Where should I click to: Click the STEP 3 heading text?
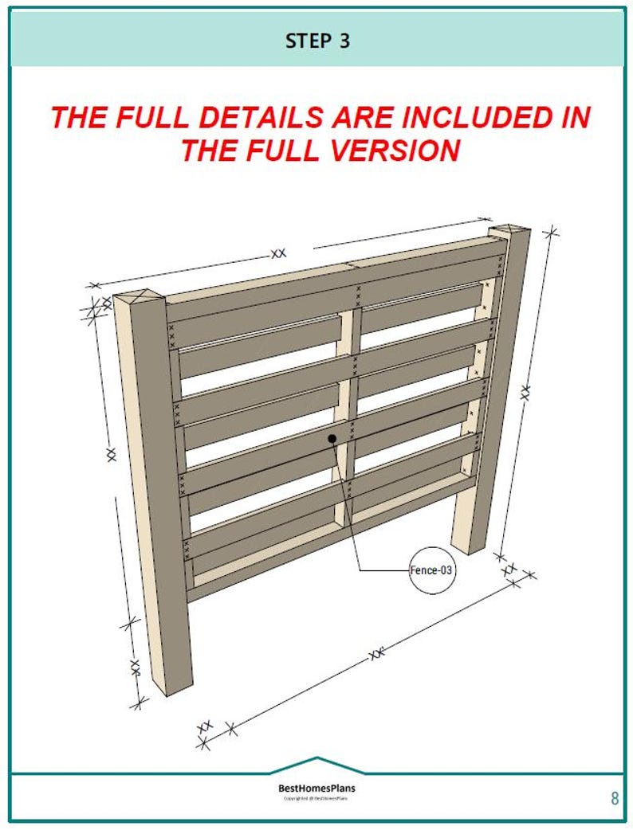click(x=317, y=41)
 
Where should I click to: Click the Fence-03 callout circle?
click(x=432, y=570)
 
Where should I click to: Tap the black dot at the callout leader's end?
click(x=332, y=439)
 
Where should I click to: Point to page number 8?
click(x=614, y=798)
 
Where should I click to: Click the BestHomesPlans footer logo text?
click(x=316, y=789)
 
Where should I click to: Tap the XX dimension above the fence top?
click(x=277, y=253)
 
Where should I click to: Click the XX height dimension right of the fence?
click(x=525, y=392)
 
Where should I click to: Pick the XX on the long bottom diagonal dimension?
click(x=375, y=655)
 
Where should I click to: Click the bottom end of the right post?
click(x=469, y=546)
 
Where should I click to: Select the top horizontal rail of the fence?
click(x=335, y=275)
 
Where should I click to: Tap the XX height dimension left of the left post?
click(x=111, y=455)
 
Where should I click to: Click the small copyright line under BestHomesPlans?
click(x=316, y=799)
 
